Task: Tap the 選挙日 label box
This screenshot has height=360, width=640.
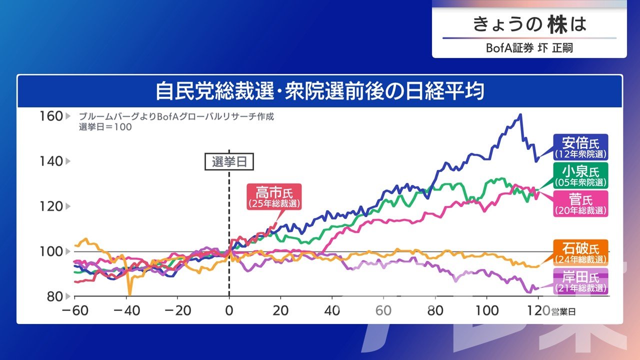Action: [x=229, y=161]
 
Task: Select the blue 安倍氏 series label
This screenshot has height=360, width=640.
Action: [x=580, y=147]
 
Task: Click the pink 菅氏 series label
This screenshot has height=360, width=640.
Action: [x=580, y=203]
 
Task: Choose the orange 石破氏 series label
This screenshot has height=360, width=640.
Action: [x=580, y=252]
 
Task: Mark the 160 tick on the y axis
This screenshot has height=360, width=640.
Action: [x=51, y=116]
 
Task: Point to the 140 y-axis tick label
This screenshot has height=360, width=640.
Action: [x=51, y=161]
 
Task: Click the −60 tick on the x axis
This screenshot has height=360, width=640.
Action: [x=75, y=310]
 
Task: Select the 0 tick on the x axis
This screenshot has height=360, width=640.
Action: [x=229, y=310]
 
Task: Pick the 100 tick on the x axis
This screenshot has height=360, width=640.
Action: [x=487, y=310]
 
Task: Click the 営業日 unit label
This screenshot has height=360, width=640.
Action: [x=563, y=311]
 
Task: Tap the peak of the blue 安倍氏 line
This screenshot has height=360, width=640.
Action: [x=521, y=114]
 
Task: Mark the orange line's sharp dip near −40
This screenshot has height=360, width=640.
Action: [x=130, y=294]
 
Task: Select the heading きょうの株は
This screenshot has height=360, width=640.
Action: [x=529, y=24]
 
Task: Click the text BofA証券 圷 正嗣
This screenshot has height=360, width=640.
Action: [x=529, y=48]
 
